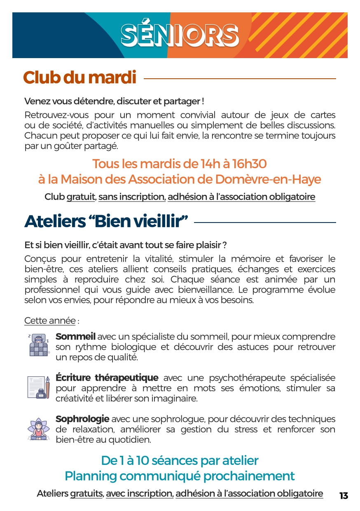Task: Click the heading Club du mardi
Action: (79, 78)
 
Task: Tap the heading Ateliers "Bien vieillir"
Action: (106, 222)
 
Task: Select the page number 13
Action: (344, 496)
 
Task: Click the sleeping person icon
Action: (39, 345)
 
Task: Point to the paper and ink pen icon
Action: (39, 387)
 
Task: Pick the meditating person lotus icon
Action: (39, 429)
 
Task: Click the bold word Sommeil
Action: (75, 337)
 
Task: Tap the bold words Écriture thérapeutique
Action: (107, 378)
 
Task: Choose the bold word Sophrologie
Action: (82, 419)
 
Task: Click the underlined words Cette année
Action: (50, 321)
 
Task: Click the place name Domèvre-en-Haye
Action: (268, 180)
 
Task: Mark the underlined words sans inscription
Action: (131, 197)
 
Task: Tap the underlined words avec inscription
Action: (139, 493)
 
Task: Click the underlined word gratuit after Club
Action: (81, 197)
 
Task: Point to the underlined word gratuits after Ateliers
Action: (86, 493)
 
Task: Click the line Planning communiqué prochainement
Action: (180, 476)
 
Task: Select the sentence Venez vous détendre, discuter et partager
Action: (114, 101)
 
